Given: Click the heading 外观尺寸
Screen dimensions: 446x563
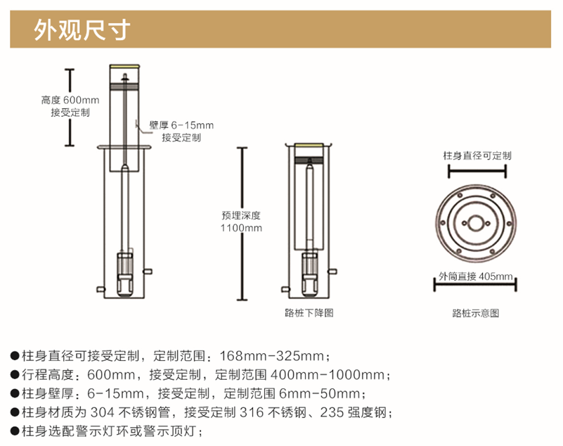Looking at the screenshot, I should pos(82,30).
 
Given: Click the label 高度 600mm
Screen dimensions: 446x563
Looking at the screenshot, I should pos(70,100).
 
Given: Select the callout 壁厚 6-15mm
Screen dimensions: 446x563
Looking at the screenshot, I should pos(181,126).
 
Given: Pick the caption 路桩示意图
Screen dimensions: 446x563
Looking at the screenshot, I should pos(475,314).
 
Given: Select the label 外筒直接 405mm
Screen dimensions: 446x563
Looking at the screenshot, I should pos(475,276).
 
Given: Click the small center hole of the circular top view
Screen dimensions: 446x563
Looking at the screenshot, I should pos(476,224).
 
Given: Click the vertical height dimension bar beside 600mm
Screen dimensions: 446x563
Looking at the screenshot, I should pos(70,107).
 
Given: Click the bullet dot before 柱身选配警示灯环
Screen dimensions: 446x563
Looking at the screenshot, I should pos(15,431).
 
